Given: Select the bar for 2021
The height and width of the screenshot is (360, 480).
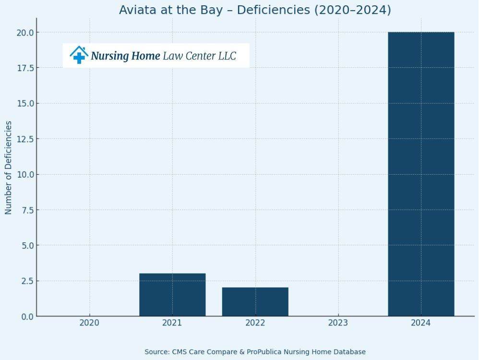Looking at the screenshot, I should (172, 295).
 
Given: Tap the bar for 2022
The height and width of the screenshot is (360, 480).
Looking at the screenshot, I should (255, 301).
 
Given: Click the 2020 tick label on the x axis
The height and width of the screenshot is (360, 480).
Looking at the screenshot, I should (89, 323).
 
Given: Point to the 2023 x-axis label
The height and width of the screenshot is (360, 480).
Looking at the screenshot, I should (338, 323).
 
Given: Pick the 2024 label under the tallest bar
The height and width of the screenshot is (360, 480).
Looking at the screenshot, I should (421, 323).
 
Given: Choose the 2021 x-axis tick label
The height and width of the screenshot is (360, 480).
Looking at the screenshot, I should (172, 323).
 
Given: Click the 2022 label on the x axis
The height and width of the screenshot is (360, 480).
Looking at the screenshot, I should (255, 323).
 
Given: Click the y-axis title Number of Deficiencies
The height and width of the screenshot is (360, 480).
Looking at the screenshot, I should (9, 168).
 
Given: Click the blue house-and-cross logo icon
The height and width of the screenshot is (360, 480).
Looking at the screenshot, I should (79, 55).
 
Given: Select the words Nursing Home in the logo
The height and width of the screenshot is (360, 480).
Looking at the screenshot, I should (125, 56).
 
